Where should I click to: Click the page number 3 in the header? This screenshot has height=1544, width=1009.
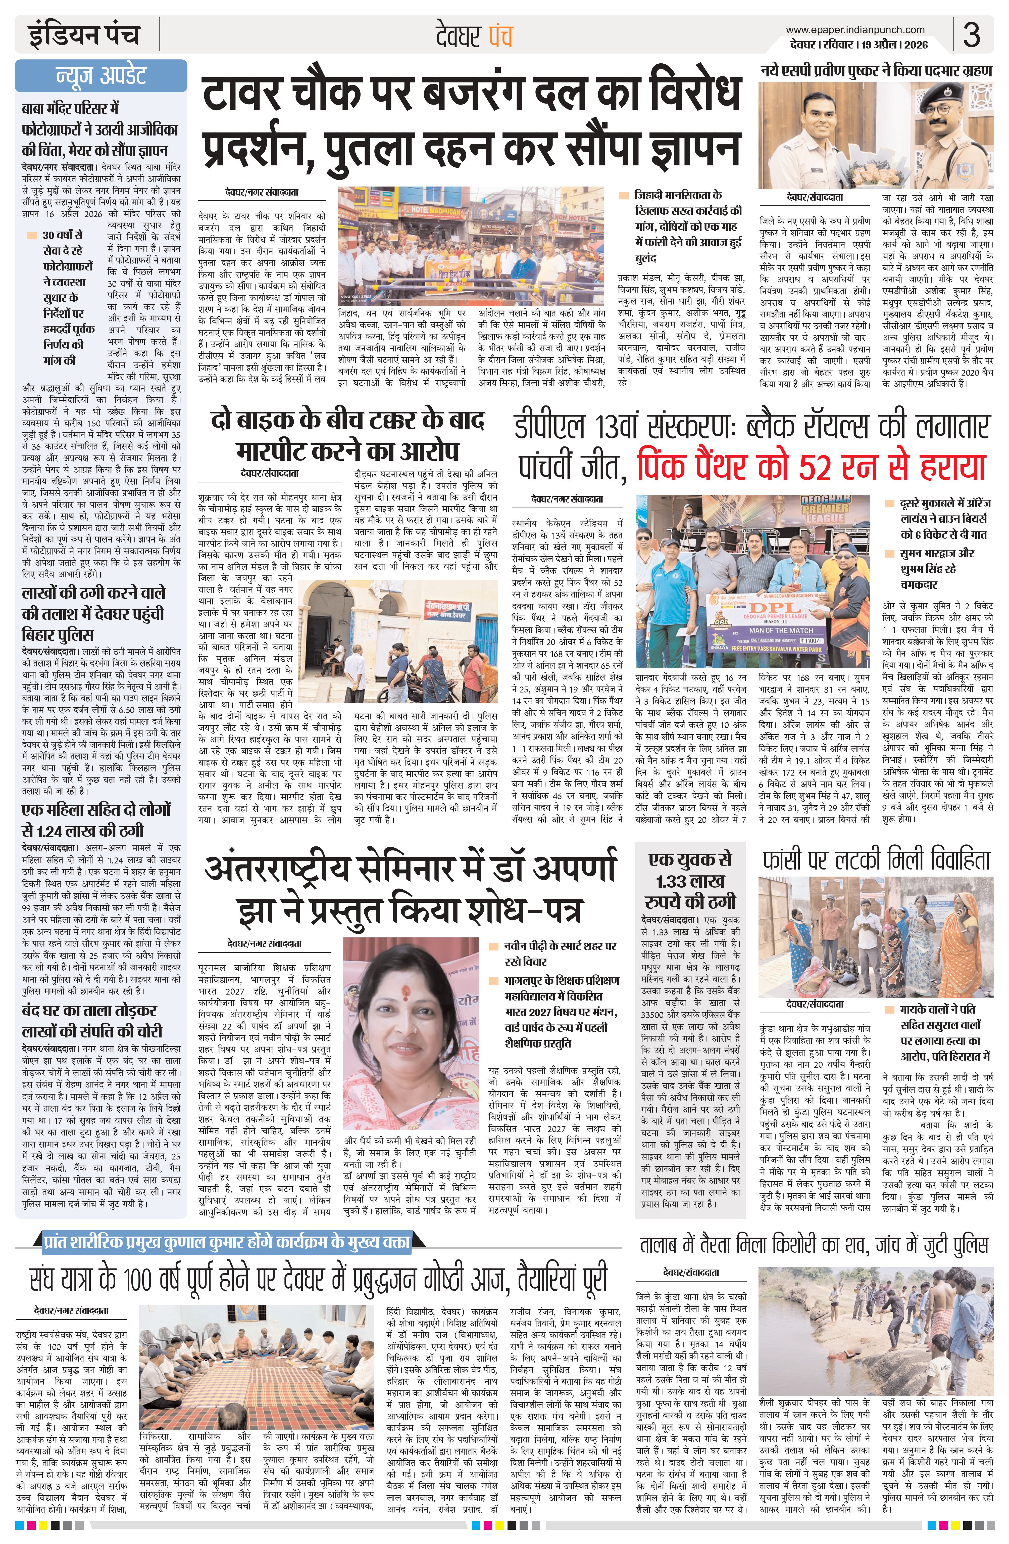coord(971,36)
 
